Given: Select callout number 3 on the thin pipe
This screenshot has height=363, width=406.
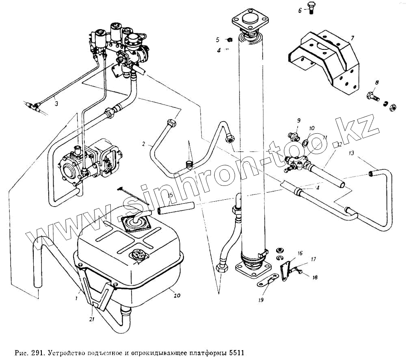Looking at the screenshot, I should [x=56, y=104].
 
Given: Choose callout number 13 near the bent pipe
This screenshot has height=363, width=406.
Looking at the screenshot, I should [x=352, y=153].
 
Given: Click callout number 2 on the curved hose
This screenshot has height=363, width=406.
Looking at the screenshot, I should [x=144, y=143].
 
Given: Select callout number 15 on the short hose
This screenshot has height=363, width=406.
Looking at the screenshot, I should [x=171, y=195].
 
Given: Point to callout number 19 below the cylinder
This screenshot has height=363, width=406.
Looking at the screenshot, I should [x=260, y=300].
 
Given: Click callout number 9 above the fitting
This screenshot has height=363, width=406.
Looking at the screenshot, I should [x=298, y=120].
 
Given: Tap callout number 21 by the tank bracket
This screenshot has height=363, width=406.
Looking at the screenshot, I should [x=93, y=320].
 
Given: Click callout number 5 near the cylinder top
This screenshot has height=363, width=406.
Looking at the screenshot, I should [x=218, y=40].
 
